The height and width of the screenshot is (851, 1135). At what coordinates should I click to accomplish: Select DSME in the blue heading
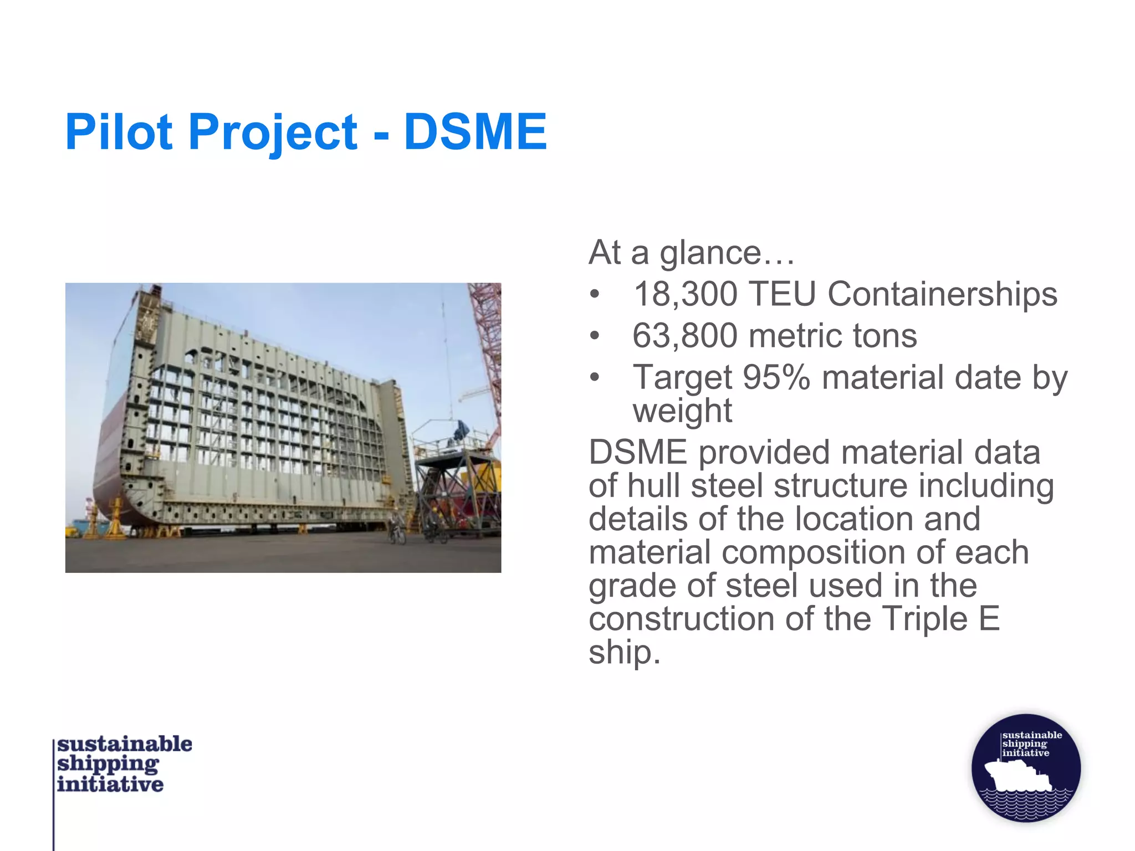(x=475, y=132)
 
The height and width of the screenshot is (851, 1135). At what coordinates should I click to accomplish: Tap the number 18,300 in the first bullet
(x=685, y=294)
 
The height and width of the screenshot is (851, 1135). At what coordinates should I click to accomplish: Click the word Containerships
(x=942, y=294)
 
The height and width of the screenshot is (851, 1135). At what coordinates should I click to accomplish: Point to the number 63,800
(x=684, y=336)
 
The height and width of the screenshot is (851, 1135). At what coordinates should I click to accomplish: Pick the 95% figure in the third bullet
(x=776, y=378)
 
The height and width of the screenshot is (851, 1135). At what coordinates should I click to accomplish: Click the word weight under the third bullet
(x=682, y=411)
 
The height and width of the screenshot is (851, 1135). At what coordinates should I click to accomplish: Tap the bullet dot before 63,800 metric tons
(x=595, y=336)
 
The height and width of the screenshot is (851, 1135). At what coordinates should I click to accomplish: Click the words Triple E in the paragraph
(x=940, y=619)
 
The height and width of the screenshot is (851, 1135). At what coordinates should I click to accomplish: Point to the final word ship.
(x=623, y=652)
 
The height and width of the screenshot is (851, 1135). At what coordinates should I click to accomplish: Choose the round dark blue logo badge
(x=1026, y=768)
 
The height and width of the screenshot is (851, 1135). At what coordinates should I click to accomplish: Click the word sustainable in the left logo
(x=125, y=744)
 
